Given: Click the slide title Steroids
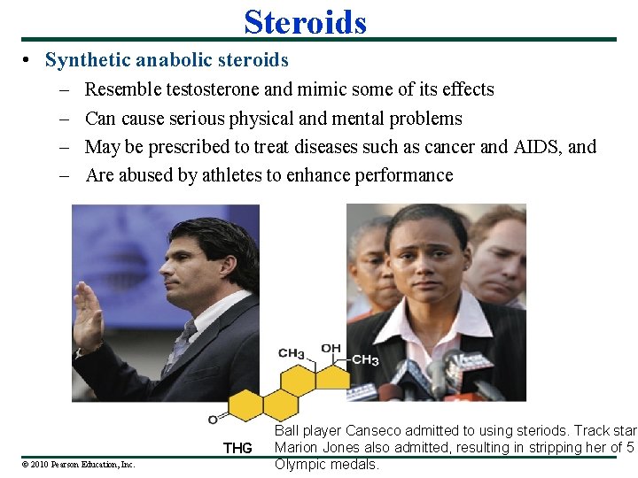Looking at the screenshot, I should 305,21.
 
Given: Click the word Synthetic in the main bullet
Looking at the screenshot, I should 86,60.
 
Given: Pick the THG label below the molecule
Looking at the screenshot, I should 237,448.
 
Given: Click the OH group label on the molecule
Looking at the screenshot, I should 331,349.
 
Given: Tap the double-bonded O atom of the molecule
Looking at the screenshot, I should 214,418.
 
